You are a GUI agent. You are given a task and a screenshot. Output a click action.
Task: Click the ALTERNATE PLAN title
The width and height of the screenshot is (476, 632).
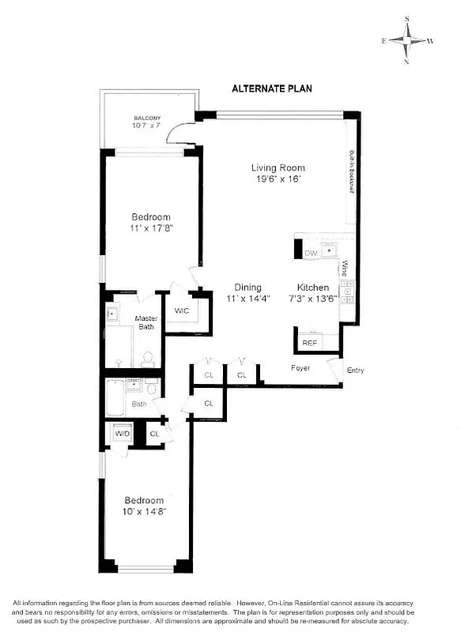coord(271,88)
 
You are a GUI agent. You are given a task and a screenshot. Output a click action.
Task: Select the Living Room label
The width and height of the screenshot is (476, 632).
coord(278,167)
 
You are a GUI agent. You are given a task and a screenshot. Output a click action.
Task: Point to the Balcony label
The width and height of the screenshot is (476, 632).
coord(146,118)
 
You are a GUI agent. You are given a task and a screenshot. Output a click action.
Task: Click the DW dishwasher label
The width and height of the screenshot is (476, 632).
coord(310,253)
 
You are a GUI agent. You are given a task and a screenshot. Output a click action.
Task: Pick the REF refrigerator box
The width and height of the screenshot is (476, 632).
coord(309,343)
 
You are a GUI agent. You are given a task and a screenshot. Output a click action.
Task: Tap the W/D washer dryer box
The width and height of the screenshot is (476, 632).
coord(122,434)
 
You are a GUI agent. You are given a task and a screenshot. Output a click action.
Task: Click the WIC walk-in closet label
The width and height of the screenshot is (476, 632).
coord(182,310)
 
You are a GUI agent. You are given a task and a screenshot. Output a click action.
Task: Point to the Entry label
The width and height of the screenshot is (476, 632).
coord(355,371)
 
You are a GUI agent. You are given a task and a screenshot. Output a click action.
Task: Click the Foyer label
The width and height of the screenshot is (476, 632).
coord(300,368)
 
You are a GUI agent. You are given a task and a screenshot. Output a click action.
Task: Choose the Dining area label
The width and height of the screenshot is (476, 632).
coord(247,288)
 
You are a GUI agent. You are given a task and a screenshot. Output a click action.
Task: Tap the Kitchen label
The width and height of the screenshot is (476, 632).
coord(312,288)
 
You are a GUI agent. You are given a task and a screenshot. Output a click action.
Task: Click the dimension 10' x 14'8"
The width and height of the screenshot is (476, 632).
coord(144,512)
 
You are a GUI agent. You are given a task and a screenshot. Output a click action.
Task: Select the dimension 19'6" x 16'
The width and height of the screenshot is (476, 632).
coord(278,179)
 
